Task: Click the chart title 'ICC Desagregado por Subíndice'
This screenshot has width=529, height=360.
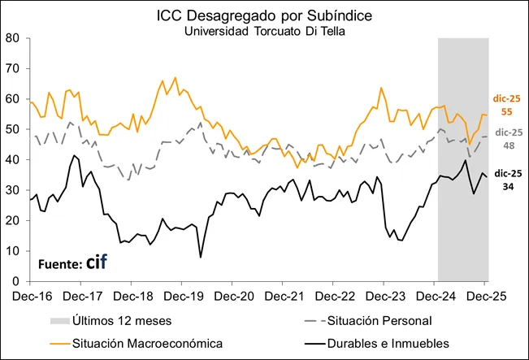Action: pos(264,15)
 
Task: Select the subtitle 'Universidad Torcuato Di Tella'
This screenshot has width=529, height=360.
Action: pos(264,31)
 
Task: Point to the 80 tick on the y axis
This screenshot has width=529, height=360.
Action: pos(13,37)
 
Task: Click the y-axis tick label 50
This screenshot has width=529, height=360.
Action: pos(13,129)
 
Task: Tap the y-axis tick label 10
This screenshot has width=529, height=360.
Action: pos(13,251)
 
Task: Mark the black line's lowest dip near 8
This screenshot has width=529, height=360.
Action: pos(201,257)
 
